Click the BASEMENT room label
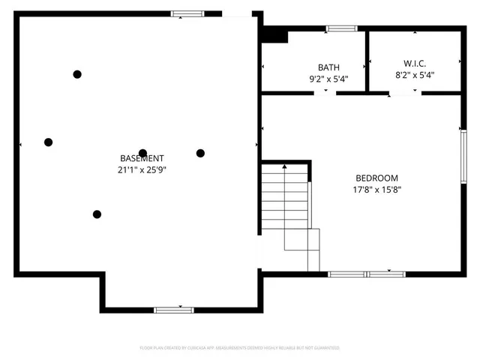coord(142,158)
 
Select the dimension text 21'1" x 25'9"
coord(142,170)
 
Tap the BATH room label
coord(328,67)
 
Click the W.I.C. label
coord(414,64)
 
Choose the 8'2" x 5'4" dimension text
coord(414,75)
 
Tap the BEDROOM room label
coord(376,178)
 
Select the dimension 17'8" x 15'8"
coord(376,190)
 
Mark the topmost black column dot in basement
coord(77,74)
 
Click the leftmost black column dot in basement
coord(49,142)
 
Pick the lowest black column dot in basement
coord(97,214)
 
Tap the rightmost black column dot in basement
coord(200,153)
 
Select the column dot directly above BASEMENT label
coord(142,153)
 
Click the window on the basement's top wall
coord(187,13)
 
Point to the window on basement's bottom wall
coord(174,310)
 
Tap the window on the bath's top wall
coord(341,29)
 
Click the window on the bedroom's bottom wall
coord(367,274)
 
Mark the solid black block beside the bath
coord(275,35)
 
